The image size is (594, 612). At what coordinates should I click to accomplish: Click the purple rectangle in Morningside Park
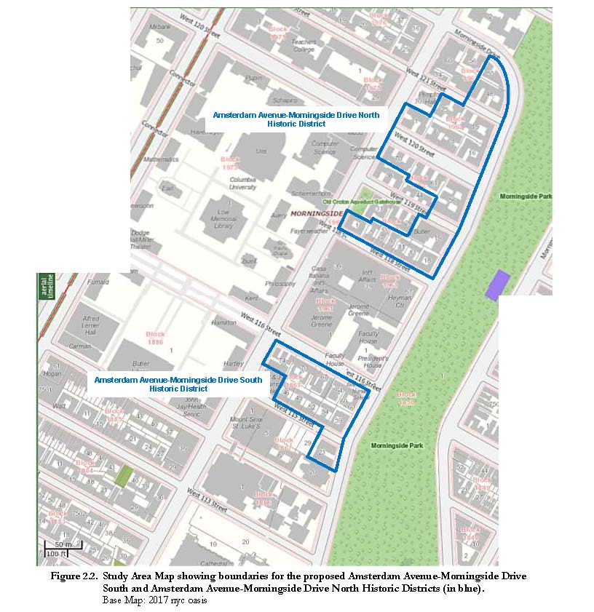pos(498,285)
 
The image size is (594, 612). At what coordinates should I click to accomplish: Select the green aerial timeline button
pos(45,287)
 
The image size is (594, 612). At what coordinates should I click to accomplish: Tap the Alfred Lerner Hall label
pos(91,323)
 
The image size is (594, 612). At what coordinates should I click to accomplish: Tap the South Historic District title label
pos(178,384)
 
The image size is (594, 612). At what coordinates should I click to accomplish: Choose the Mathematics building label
pos(161,159)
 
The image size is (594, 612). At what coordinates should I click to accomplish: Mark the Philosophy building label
pos(280,283)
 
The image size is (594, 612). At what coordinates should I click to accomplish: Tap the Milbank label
pos(159,27)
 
